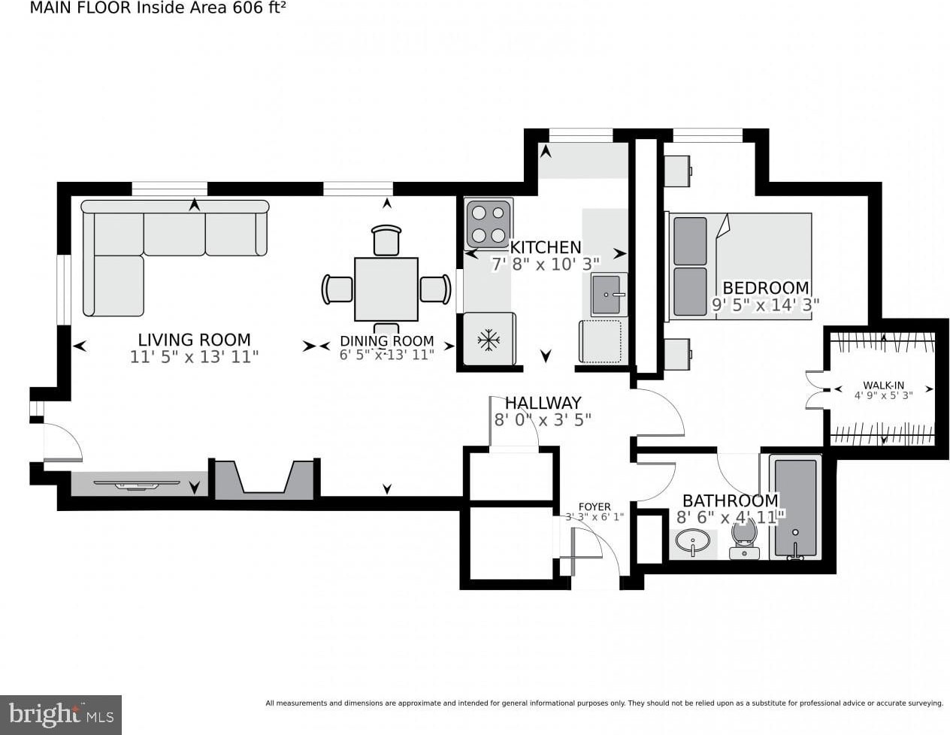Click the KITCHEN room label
click(546, 247)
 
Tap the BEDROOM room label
click(766, 288)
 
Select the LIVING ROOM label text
click(195, 340)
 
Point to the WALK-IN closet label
click(884, 386)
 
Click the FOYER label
click(595, 507)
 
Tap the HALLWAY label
click(543, 403)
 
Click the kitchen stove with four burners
click(489, 225)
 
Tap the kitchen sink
click(609, 295)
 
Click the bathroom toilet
click(745, 540)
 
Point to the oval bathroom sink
click(692, 542)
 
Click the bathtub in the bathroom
click(796, 508)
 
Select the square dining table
click(386, 289)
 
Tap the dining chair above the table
click(386, 240)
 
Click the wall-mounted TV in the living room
click(137, 485)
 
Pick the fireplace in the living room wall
click(264, 479)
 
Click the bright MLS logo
click(61, 715)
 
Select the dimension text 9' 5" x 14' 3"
click(766, 304)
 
